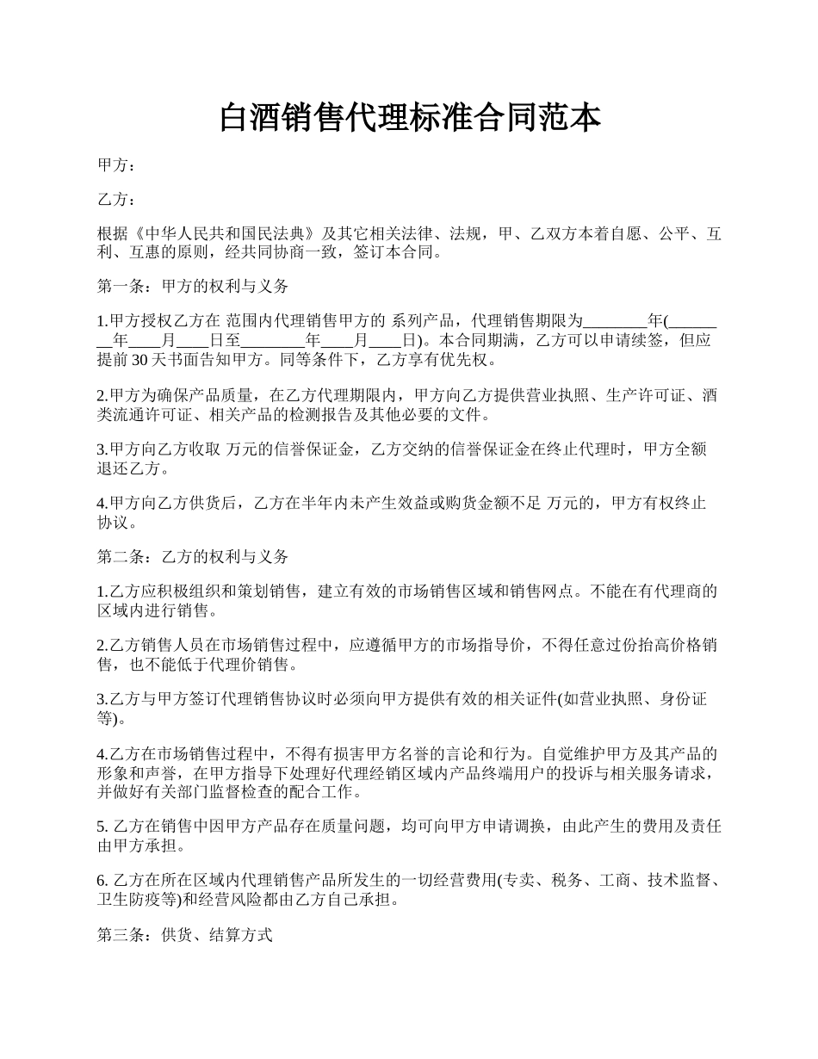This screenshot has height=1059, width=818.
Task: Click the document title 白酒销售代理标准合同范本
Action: pos(409,118)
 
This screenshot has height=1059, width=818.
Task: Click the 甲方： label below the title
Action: pos(116,165)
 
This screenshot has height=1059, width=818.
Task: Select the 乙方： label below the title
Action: pos(116,200)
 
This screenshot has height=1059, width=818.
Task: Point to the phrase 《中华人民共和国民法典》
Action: pos(224,234)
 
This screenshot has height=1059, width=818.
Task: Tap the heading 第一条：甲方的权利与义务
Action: pos(193,287)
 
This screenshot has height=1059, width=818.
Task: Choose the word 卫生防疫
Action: pos(131,900)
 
